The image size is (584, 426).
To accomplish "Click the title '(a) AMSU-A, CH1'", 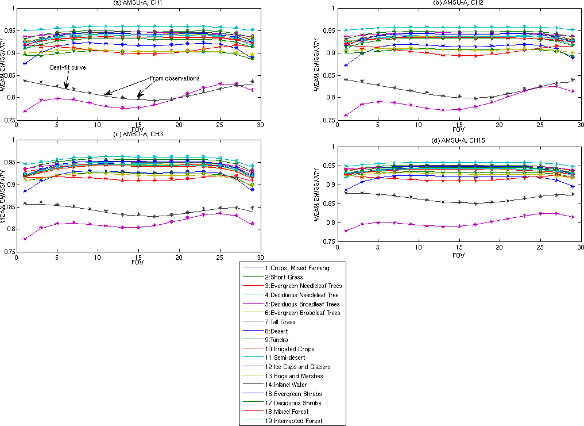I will point(138,3).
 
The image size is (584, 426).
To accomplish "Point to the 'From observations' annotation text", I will point(175,78).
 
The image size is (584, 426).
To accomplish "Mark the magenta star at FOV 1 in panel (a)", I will point(25,111).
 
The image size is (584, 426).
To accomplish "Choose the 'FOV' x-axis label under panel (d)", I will point(457,255).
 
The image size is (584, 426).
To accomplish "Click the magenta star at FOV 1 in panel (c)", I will point(25,239).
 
